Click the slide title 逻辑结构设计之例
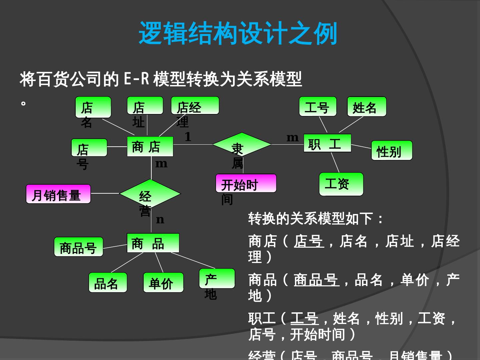click(238, 33)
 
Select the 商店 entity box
click(150, 146)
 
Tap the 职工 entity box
click(327, 143)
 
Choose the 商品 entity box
click(153, 243)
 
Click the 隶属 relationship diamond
click(242, 144)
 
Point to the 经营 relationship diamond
click(150, 194)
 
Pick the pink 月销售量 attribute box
click(58, 194)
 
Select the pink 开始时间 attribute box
click(246, 183)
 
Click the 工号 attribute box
click(318, 107)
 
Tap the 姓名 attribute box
click(367, 107)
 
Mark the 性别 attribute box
click(392, 151)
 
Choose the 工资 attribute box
click(341, 184)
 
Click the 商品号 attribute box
click(79, 247)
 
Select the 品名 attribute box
click(108, 283)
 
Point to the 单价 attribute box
click(163, 283)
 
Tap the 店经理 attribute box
click(195, 106)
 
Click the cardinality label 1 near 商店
click(188, 137)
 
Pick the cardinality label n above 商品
click(160, 220)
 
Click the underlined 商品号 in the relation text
click(316, 280)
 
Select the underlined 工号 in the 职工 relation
click(304, 318)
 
